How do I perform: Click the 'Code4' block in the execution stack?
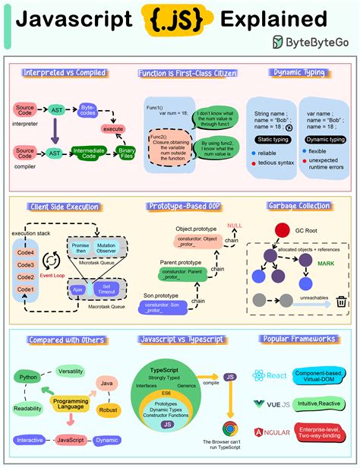[x=27, y=254]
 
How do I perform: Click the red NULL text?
[x=235, y=226]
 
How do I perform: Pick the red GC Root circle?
[x=282, y=230]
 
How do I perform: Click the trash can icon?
[x=342, y=301]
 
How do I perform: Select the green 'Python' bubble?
[x=29, y=376]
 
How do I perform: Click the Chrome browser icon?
[x=228, y=429]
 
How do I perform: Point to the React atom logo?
[x=259, y=375]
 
